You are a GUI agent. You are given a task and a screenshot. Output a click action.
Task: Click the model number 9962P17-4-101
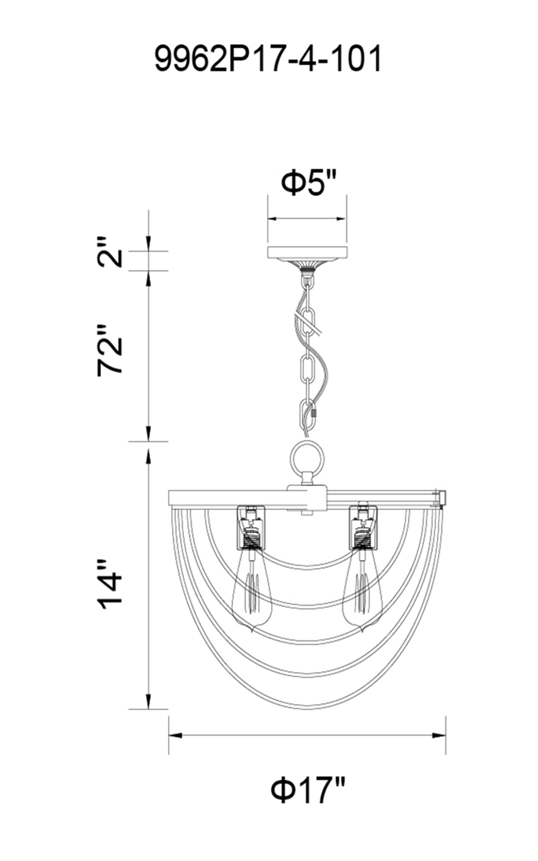(268, 59)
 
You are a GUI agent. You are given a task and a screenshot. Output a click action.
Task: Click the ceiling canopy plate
(307, 252)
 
